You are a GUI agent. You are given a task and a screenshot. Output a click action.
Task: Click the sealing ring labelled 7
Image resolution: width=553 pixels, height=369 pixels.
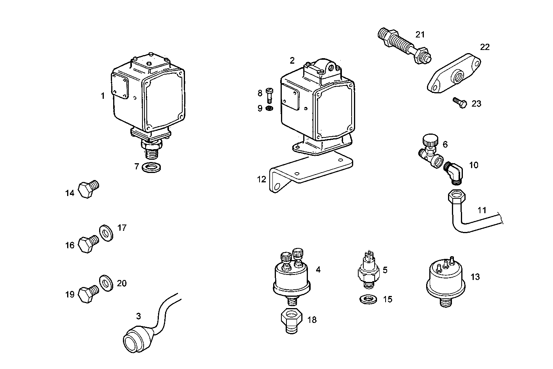152,168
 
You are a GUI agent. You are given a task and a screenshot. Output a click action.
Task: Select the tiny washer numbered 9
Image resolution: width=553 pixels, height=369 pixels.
269,108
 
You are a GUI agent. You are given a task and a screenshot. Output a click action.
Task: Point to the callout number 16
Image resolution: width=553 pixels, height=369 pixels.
69,245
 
